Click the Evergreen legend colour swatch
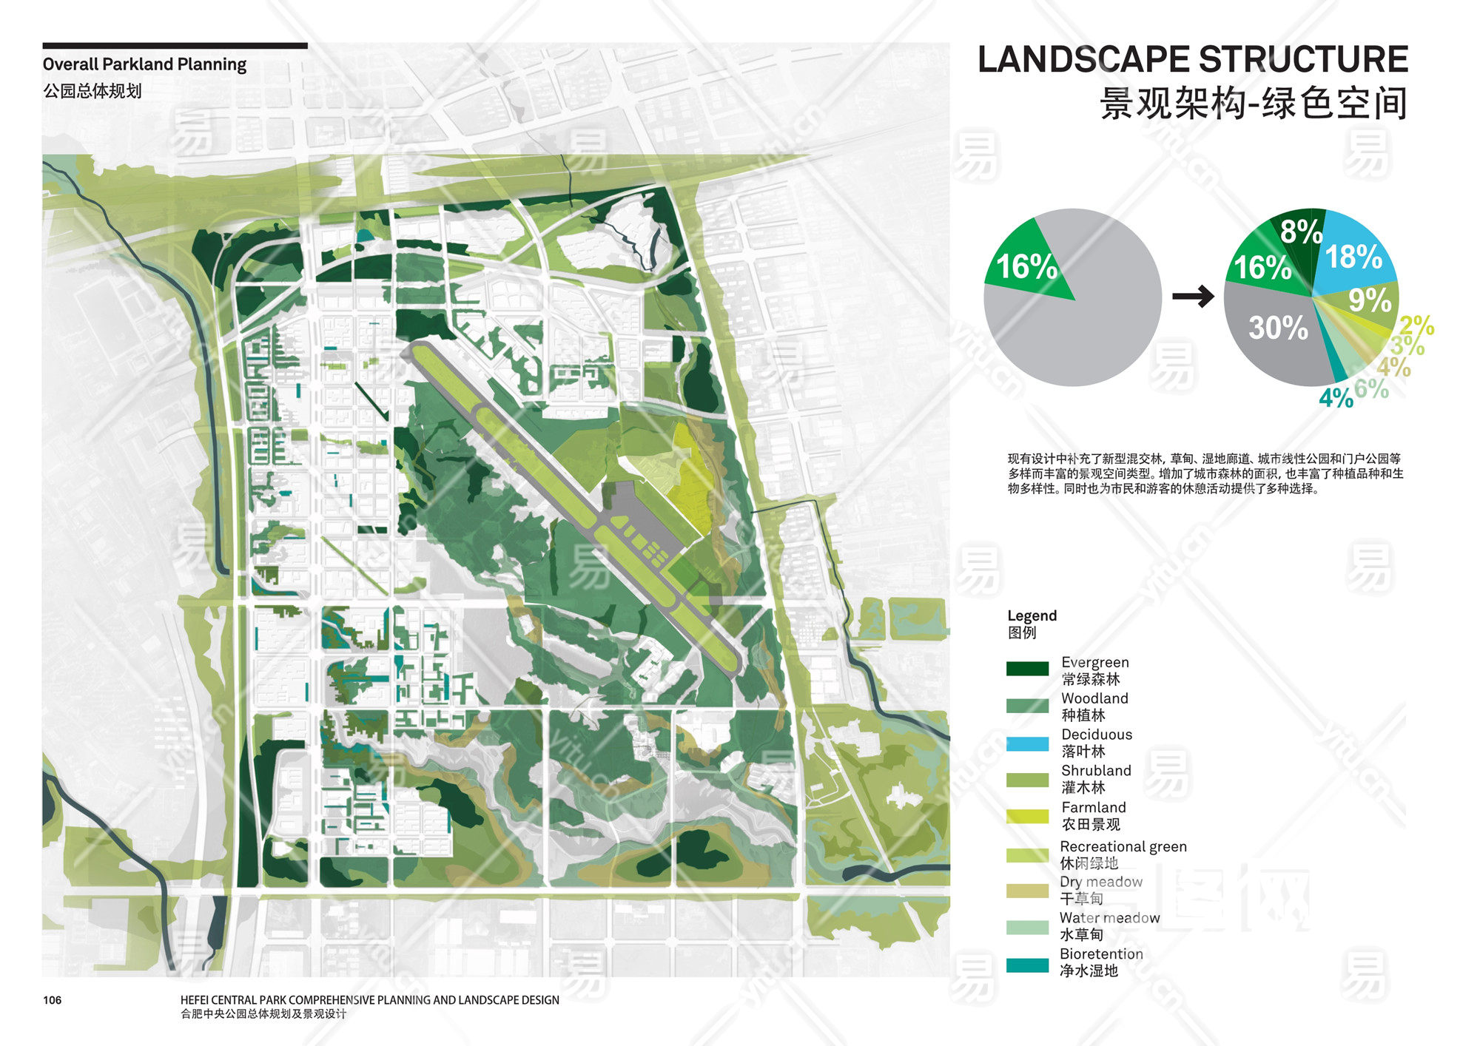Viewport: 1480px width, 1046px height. click(1027, 669)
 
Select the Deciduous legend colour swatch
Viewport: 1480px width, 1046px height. click(1027, 743)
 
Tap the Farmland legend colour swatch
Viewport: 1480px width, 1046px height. click(1027, 816)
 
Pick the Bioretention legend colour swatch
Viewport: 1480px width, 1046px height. click(1027, 965)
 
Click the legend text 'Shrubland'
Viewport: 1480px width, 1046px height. click(1096, 770)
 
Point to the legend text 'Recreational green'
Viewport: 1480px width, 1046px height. click(1123, 846)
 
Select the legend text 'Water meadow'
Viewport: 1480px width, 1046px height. click(1109, 917)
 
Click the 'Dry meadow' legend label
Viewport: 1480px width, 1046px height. click(1100, 881)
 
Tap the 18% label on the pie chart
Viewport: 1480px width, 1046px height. click(1353, 257)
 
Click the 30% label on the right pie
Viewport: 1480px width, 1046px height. click(1278, 327)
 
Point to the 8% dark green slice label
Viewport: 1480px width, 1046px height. click(1300, 232)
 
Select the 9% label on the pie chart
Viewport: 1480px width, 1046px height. click(1369, 300)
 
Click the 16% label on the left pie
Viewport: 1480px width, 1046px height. click(1026, 267)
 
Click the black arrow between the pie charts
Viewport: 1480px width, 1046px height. click(1193, 297)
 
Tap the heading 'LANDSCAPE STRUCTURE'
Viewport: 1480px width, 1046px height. click(1192, 59)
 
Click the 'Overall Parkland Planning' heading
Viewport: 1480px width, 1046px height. click(144, 64)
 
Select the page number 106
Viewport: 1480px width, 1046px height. click(52, 1000)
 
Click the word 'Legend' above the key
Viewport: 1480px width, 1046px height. click(1032, 615)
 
